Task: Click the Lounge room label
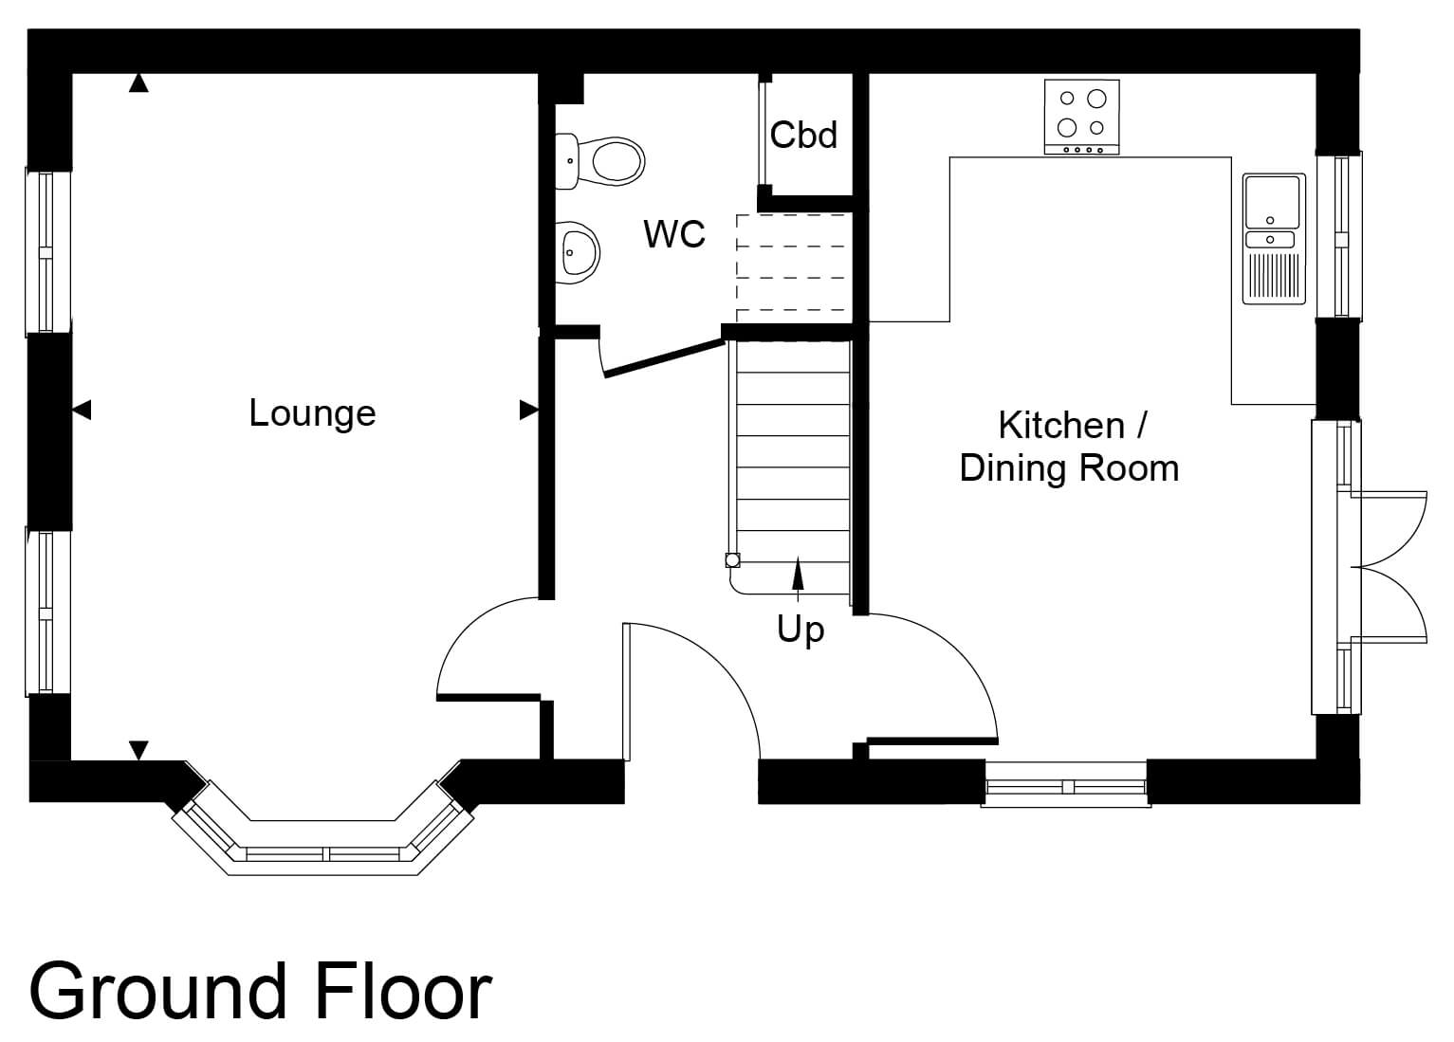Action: coord(312,413)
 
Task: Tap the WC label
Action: coord(673,233)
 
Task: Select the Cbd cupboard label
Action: coord(803,135)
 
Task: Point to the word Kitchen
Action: coord(1061,426)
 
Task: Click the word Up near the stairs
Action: coord(801,630)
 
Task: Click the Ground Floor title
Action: coord(260,991)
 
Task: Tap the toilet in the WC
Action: coord(599,161)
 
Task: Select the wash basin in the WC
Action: coord(577,252)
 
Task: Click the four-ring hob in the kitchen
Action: coord(1081,117)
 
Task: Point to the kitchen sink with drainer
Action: coord(1274,239)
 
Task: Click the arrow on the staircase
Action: coord(798,578)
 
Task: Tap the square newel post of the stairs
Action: coord(733,560)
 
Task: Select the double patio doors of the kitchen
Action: coord(1390,568)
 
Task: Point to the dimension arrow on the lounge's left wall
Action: coord(82,410)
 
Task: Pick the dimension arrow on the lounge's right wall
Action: coord(529,410)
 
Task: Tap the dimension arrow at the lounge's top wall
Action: coord(138,83)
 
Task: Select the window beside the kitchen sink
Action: coord(1339,237)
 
